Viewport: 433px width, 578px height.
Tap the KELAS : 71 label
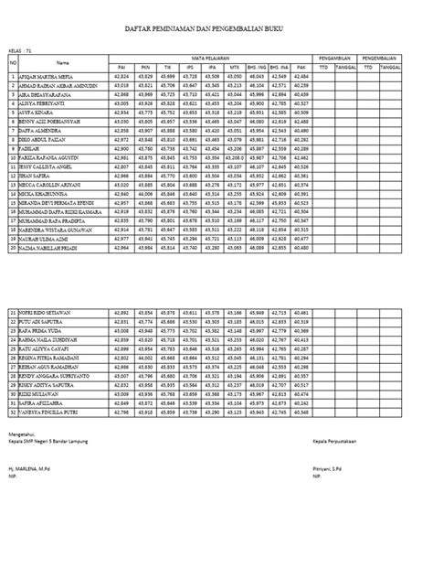pos(20,51)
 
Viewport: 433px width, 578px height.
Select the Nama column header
pos(62,62)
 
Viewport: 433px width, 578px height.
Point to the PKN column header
pos(145,67)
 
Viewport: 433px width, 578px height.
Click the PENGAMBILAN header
pos(335,59)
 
